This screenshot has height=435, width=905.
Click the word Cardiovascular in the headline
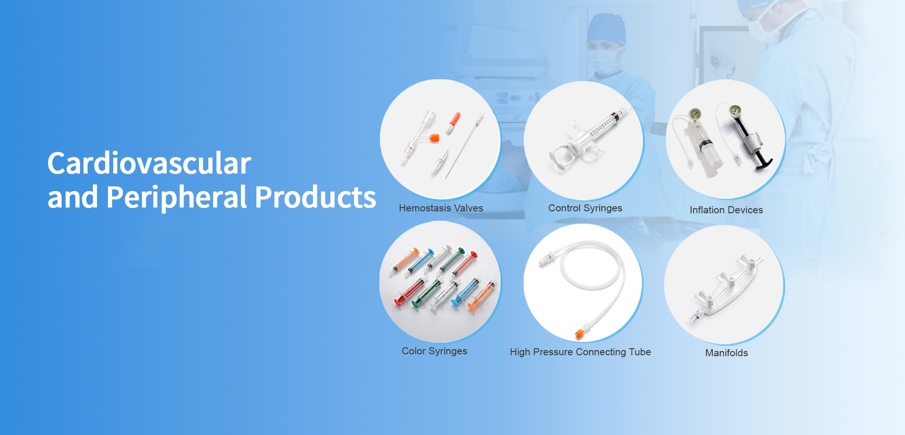149,163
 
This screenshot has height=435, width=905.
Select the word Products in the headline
315,197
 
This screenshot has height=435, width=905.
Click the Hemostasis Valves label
441,208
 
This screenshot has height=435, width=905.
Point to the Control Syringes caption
585,208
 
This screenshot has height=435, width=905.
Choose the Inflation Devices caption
726,210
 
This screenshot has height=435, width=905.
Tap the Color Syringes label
434,351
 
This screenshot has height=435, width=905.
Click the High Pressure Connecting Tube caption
580,352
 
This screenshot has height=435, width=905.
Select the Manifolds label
726,353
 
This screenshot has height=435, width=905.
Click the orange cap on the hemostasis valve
434,138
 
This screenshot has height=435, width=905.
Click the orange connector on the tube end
579,334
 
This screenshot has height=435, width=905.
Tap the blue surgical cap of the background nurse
606,29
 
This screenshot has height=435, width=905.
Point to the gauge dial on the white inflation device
695,114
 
